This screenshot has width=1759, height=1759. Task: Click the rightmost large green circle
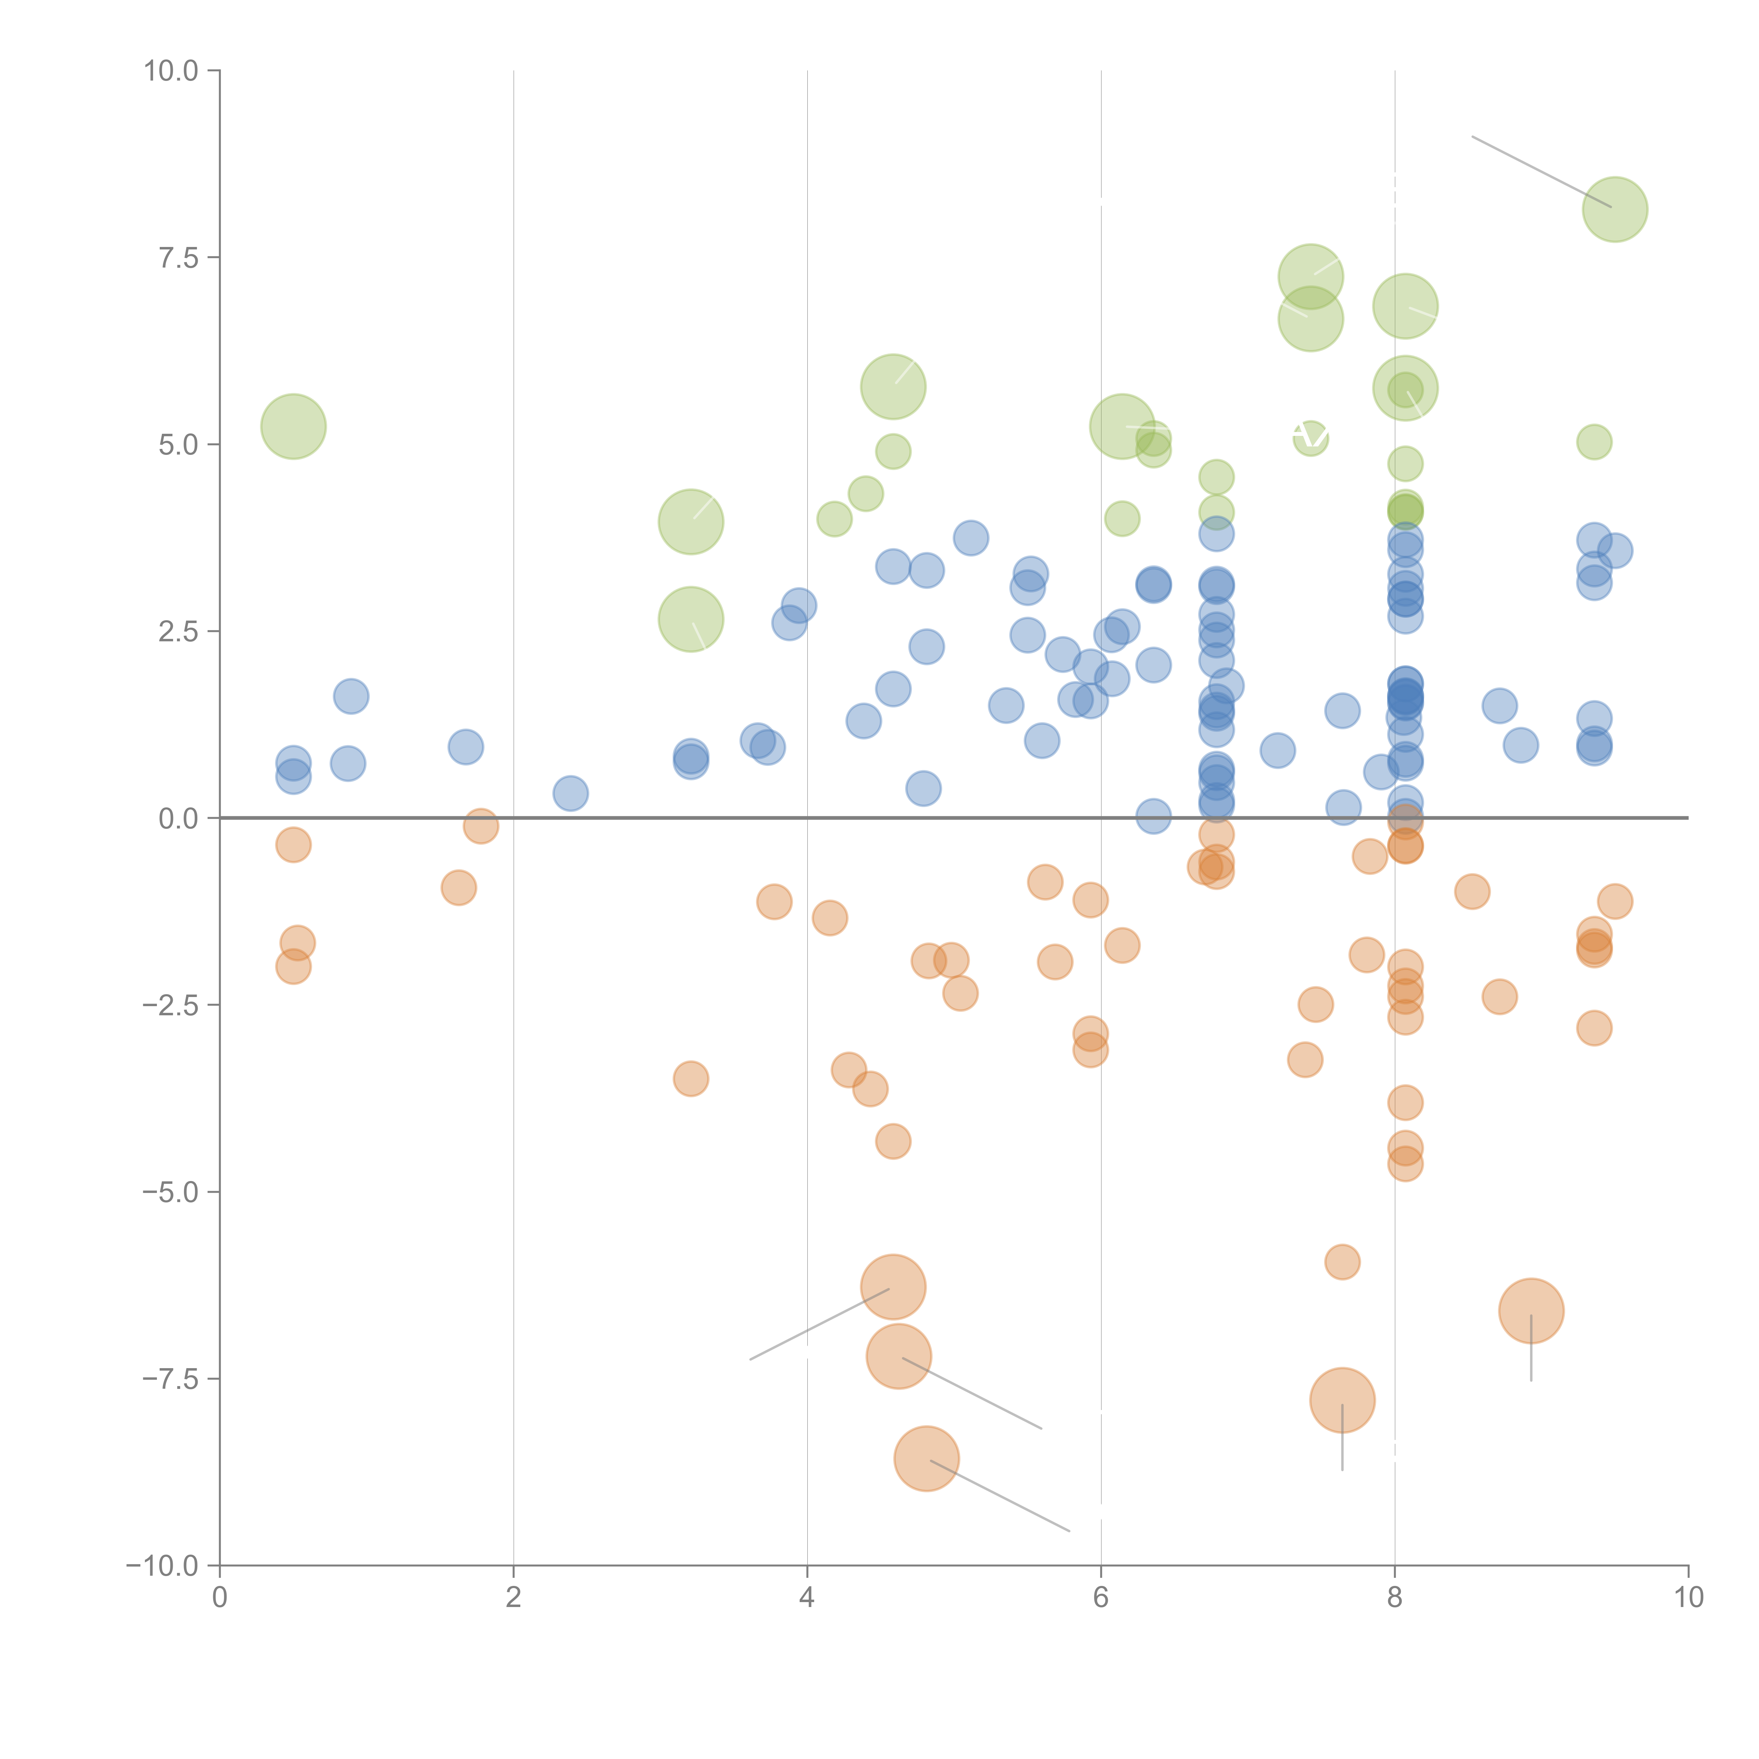1614,209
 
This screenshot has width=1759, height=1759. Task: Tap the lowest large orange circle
926,1459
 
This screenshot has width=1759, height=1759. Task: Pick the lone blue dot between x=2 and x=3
570,793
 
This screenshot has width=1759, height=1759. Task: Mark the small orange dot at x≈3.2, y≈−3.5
691,1079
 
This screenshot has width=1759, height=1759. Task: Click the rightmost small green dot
1593,443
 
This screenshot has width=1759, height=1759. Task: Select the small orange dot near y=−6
1342,1262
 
